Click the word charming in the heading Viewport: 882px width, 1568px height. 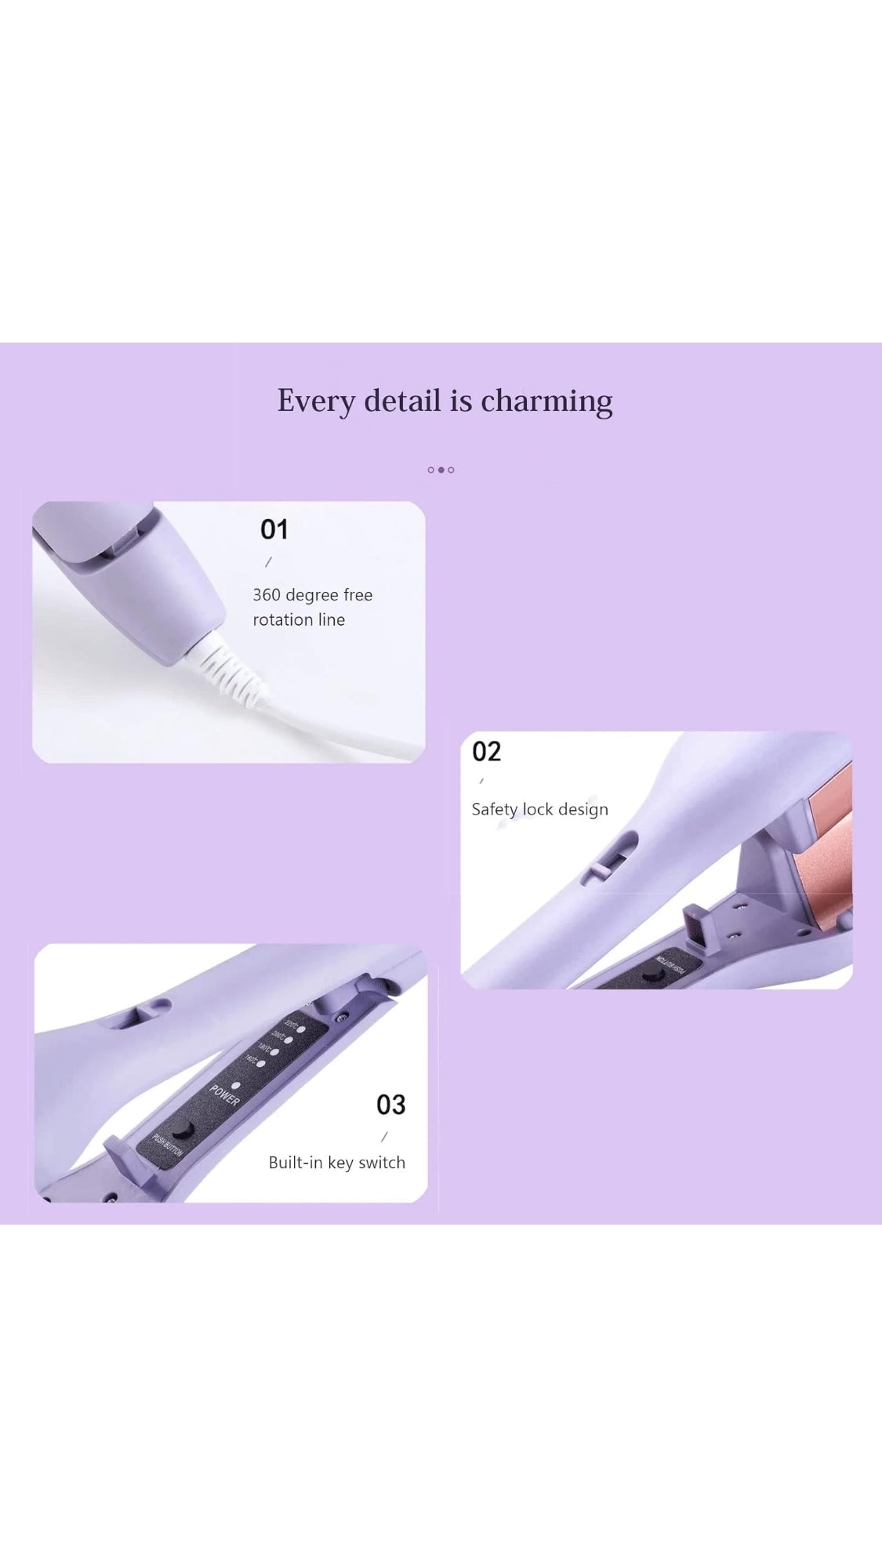(546, 401)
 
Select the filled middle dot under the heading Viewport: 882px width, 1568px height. (441, 470)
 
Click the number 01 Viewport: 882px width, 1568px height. (274, 530)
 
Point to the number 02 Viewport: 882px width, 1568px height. (486, 752)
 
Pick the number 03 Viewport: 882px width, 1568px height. (390, 1105)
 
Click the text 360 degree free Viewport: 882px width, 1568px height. (312, 595)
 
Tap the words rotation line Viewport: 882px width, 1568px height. (299, 620)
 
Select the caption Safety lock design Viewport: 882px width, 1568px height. (539, 809)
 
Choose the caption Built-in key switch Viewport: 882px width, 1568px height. (336, 1163)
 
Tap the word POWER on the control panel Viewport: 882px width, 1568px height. (224, 1096)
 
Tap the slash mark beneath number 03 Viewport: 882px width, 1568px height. (384, 1137)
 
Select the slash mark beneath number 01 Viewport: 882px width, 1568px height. (269, 562)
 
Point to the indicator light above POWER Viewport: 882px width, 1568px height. (235, 1085)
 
